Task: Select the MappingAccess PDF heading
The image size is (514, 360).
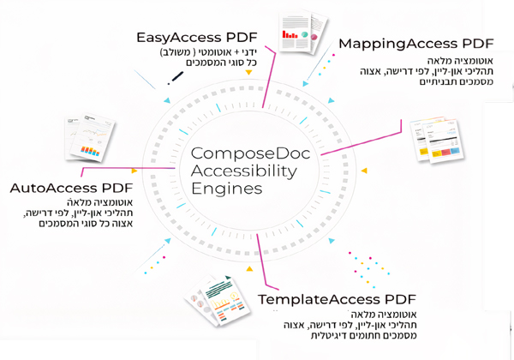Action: (x=416, y=43)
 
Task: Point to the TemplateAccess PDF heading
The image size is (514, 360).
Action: (x=337, y=299)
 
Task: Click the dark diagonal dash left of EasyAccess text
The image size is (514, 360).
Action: (x=176, y=78)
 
